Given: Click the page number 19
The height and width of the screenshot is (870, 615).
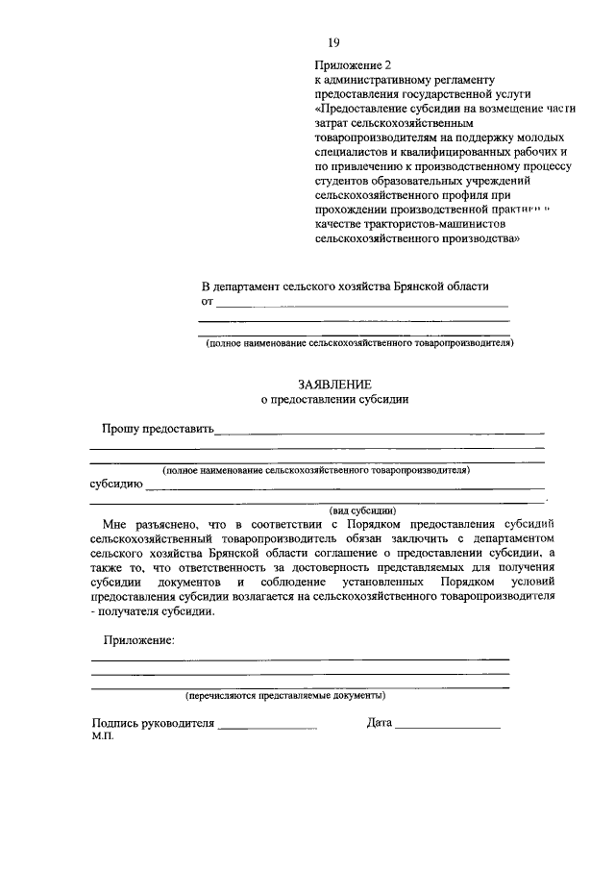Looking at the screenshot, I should (333, 42).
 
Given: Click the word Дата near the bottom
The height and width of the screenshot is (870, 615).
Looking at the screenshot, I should (380, 724).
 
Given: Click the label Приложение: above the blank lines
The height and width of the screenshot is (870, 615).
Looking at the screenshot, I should (139, 640).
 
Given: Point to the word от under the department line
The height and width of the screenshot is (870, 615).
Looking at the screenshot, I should (207, 302).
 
